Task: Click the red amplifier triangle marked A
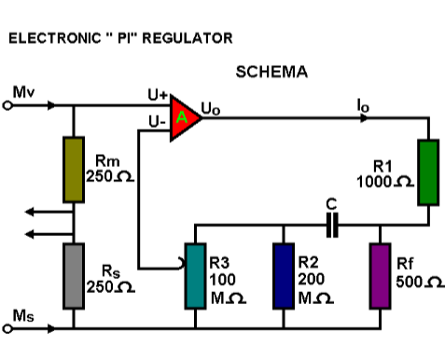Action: [185, 118]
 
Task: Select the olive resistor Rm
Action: [73, 168]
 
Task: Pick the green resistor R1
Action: [427, 171]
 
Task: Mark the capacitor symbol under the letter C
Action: [330, 223]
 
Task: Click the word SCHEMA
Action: [271, 72]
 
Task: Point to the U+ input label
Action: [156, 95]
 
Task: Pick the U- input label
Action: [157, 121]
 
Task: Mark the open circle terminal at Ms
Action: [7, 328]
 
